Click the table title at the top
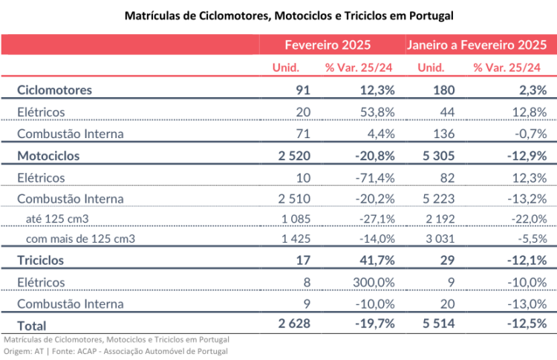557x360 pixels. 278,15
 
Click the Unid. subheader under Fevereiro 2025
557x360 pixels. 287,68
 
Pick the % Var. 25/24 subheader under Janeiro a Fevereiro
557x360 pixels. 506,68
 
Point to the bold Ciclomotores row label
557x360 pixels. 54,91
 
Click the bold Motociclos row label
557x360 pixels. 48,157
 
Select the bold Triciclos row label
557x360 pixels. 41,261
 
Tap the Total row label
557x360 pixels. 31,325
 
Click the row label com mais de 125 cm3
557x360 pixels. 79,239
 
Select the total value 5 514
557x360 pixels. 434,324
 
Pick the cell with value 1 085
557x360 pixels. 295,220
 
